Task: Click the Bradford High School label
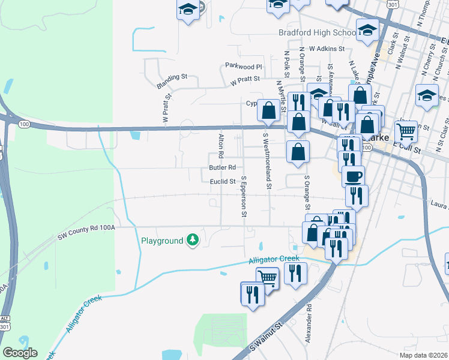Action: coord(318,32)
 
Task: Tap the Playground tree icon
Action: coord(192,240)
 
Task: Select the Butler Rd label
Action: coord(222,168)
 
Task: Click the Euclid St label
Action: coord(221,181)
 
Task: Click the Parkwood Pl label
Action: coord(244,67)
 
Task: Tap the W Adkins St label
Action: coord(327,49)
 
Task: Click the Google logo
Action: coord(20,353)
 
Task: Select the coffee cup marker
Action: coord(353,176)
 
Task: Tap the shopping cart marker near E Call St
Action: coord(406,130)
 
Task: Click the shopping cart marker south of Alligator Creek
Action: coord(268,277)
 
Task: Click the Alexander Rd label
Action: coord(309,322)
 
